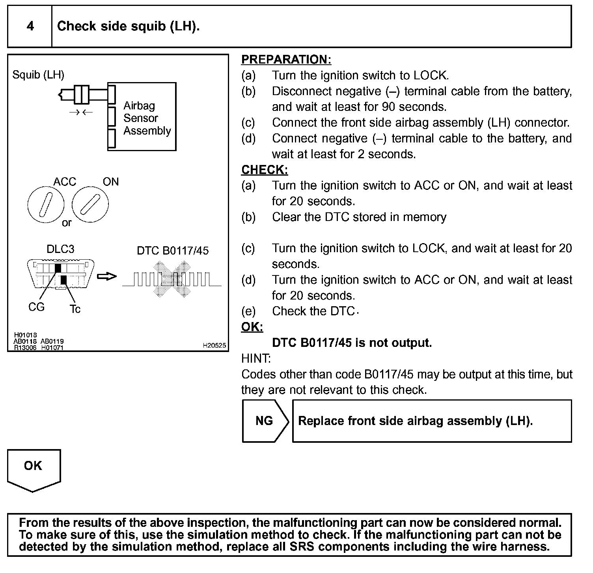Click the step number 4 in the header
click(30, 26)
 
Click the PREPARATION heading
click(286, 60)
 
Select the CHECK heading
click(265, 170)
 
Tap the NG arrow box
click(265, 421)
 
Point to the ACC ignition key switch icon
click(46, 204)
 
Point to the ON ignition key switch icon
click(90, 204)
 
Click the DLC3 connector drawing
click(61, 274)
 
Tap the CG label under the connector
click(36, 307)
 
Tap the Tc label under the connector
click(75, 309)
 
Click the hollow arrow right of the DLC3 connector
click(107, 276)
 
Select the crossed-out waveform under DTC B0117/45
click(172, 279)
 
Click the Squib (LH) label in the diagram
click(38, 75)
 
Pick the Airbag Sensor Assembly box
click(142, 117)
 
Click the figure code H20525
click(214, 346)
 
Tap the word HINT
click(256, 359)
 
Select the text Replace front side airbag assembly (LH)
click(415, 421)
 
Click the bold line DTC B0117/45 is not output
click(352, 343)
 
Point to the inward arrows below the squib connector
click(81, 112)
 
